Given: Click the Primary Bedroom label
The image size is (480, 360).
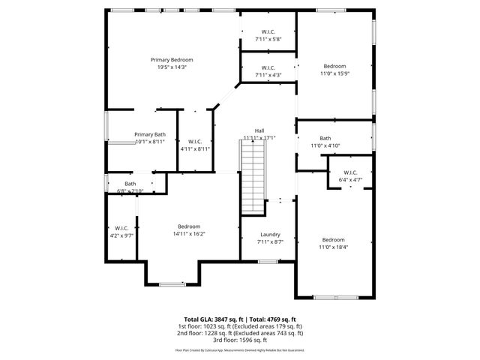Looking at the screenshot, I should tap(172, 60).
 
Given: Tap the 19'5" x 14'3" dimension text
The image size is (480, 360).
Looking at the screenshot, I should tap(172, 67).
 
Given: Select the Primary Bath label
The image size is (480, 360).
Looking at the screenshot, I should tap(150, 134).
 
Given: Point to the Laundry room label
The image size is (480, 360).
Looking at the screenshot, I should tap(269, 234).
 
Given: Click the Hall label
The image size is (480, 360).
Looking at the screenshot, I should tap(259, 130).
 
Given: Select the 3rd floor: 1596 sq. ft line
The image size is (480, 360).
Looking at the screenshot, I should tap(240, 339).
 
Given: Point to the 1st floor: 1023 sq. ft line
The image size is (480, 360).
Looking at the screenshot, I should tap(240, 325).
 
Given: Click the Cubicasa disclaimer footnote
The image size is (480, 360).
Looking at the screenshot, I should tap(240, 349).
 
